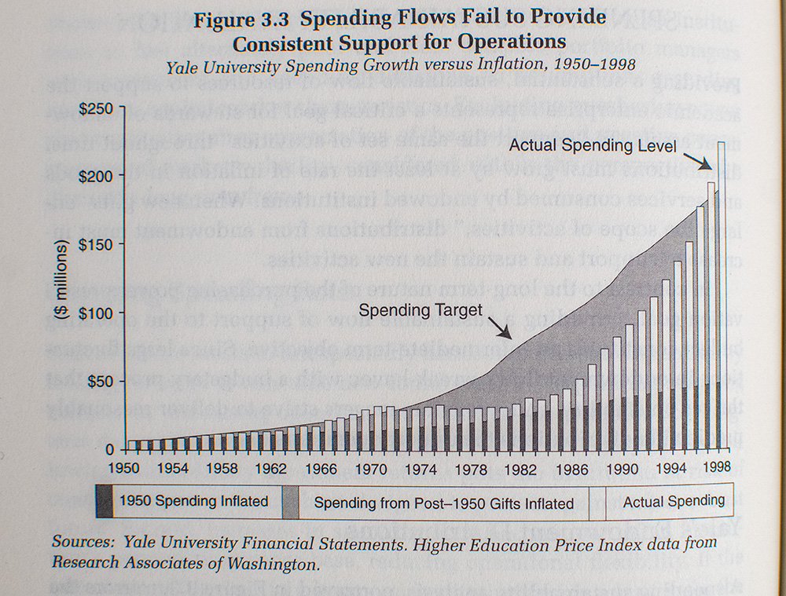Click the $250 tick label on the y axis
coord(97,107)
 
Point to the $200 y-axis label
coord(97,175)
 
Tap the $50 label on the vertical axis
coord(101,381)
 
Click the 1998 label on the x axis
coord(715,469)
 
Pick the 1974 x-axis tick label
coord(421,469)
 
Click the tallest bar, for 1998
coord(722,298)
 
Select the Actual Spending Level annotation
coord(592,145)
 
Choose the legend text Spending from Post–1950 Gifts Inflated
coord(443,503)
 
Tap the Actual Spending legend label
coord(674,501)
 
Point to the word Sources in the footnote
coord(79,542)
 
